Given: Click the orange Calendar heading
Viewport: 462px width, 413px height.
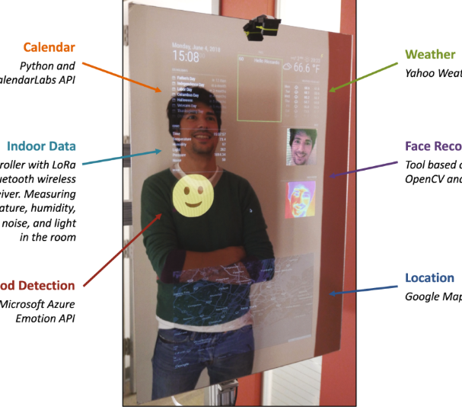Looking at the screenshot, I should [49, 47].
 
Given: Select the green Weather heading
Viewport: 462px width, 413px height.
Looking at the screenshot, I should [430, 54].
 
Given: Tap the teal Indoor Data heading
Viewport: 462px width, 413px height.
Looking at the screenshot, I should [41, 146].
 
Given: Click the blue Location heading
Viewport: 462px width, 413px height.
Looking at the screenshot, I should [429, 277].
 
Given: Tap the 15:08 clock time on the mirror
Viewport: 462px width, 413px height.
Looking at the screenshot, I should [186, 56].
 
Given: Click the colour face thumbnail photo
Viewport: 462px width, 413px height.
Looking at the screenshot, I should [301, 147].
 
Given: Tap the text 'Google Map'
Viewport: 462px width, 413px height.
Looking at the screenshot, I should [432, 296].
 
